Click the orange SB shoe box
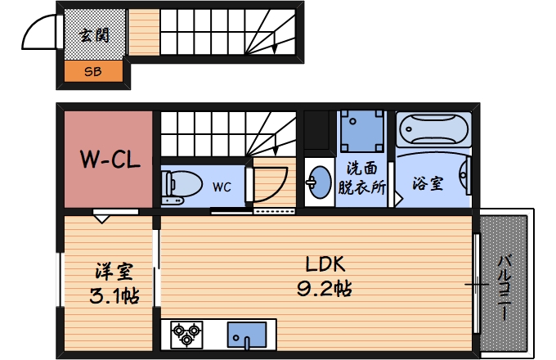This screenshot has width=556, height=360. click(93, 72)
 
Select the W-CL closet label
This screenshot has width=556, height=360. click(110, 159)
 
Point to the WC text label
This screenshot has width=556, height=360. click(222, 187)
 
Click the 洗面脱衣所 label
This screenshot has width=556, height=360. click(361, 178)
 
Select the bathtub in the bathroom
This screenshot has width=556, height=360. click(434, 130)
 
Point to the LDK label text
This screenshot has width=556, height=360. click(326, 264)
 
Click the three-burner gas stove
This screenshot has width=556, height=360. click(186, 335)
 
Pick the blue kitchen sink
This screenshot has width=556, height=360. click(246, 335)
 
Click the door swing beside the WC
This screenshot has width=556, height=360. click(270, 182)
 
